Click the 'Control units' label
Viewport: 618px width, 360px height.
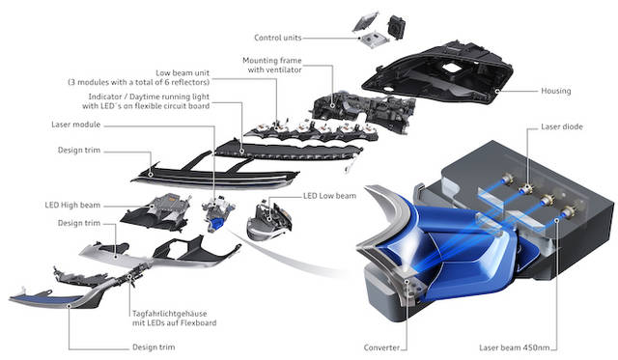(x=278, y=38)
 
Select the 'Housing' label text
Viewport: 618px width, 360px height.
(x=556, y=91)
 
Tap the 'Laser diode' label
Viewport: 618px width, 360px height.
(x=562, y=126)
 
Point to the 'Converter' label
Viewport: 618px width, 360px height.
(x=381, y=347)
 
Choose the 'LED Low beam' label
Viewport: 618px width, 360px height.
(x=329, y=196)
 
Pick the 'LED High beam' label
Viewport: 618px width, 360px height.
(x=72, y=206)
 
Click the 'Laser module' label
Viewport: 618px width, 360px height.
(x=76, y=125)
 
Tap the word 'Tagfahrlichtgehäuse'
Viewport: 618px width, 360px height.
(x=170, y=314)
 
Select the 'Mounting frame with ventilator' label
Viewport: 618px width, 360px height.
(x=272, y=65)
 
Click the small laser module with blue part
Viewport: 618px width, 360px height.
(x=217, y=213)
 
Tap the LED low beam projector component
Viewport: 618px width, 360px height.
(x=269, y=220)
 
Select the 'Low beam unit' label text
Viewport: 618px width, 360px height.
(x=183, y=73)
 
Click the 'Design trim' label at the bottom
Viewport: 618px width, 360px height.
(x=154, y=347)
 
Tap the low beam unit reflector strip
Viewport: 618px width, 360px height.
(x=311, y=131)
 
